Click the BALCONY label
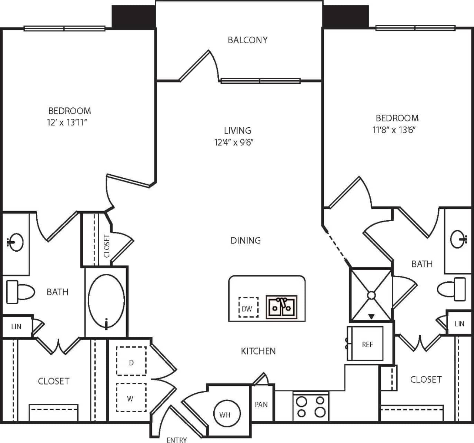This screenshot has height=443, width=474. click(247, 40)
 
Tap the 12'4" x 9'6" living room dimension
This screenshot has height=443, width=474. click(234, 142)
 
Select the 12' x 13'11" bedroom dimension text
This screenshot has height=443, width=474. click(67, 123)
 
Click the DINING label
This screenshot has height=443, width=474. click(246, 241)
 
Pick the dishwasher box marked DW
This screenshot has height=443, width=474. click(248, 308)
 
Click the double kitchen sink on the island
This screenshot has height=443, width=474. click(282, 306)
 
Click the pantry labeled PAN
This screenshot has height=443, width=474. click(261, 405)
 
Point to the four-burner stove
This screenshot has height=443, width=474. click(311, 406)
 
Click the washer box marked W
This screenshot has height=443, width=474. click(131, 398)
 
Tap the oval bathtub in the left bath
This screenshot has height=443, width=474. click(106, 302)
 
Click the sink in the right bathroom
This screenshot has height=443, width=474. click(460, 240)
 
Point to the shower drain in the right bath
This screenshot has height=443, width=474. click(371, 295)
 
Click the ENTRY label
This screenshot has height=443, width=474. click(177, 439)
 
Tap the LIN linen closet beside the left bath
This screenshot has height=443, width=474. click(16, 326)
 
